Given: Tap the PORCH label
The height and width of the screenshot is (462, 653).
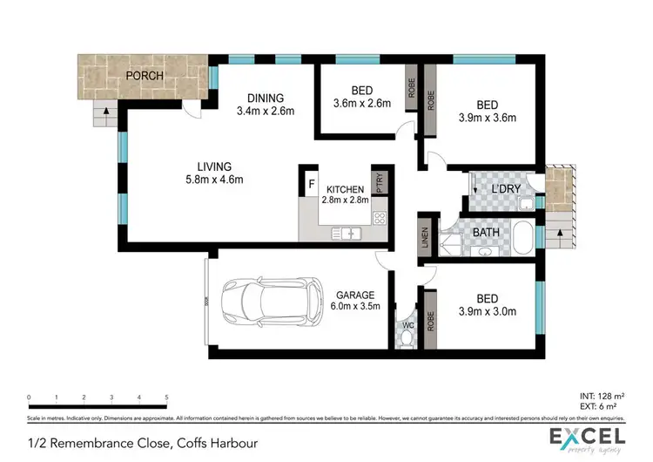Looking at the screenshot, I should click(x=145, y=76).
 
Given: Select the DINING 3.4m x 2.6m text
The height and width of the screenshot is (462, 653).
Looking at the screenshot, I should click(x=266, y=105).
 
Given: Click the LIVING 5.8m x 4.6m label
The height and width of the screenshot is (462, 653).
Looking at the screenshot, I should click(x=213, y=173).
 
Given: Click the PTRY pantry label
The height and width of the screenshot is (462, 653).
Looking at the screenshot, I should click(x=379, y=183).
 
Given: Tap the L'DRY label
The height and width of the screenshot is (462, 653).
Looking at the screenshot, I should click(x=507, y=189).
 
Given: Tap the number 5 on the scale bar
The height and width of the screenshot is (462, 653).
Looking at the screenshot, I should click(x=165, y=397).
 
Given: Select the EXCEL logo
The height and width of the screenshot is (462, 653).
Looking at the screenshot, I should click(x=585, y=437).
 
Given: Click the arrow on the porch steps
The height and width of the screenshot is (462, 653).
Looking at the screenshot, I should click(x=105, y=112).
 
